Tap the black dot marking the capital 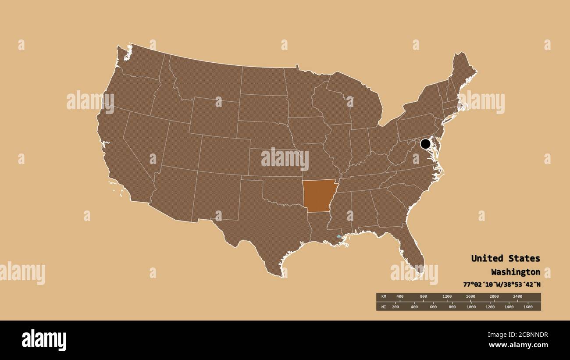tap(425, 144)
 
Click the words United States tap(505, 258)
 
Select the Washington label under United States tap(515, 272)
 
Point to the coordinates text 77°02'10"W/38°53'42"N tap(502, 284)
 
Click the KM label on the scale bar tap(384, 297)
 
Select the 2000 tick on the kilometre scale tap(494, 297)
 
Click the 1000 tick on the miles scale tap(471, 307)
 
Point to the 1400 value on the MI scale tap(509, 307)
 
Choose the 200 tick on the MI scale tap(395, 307)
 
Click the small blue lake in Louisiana tap(338, 236)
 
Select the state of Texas tap(263, 224)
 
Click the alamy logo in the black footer tap(44, 340)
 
